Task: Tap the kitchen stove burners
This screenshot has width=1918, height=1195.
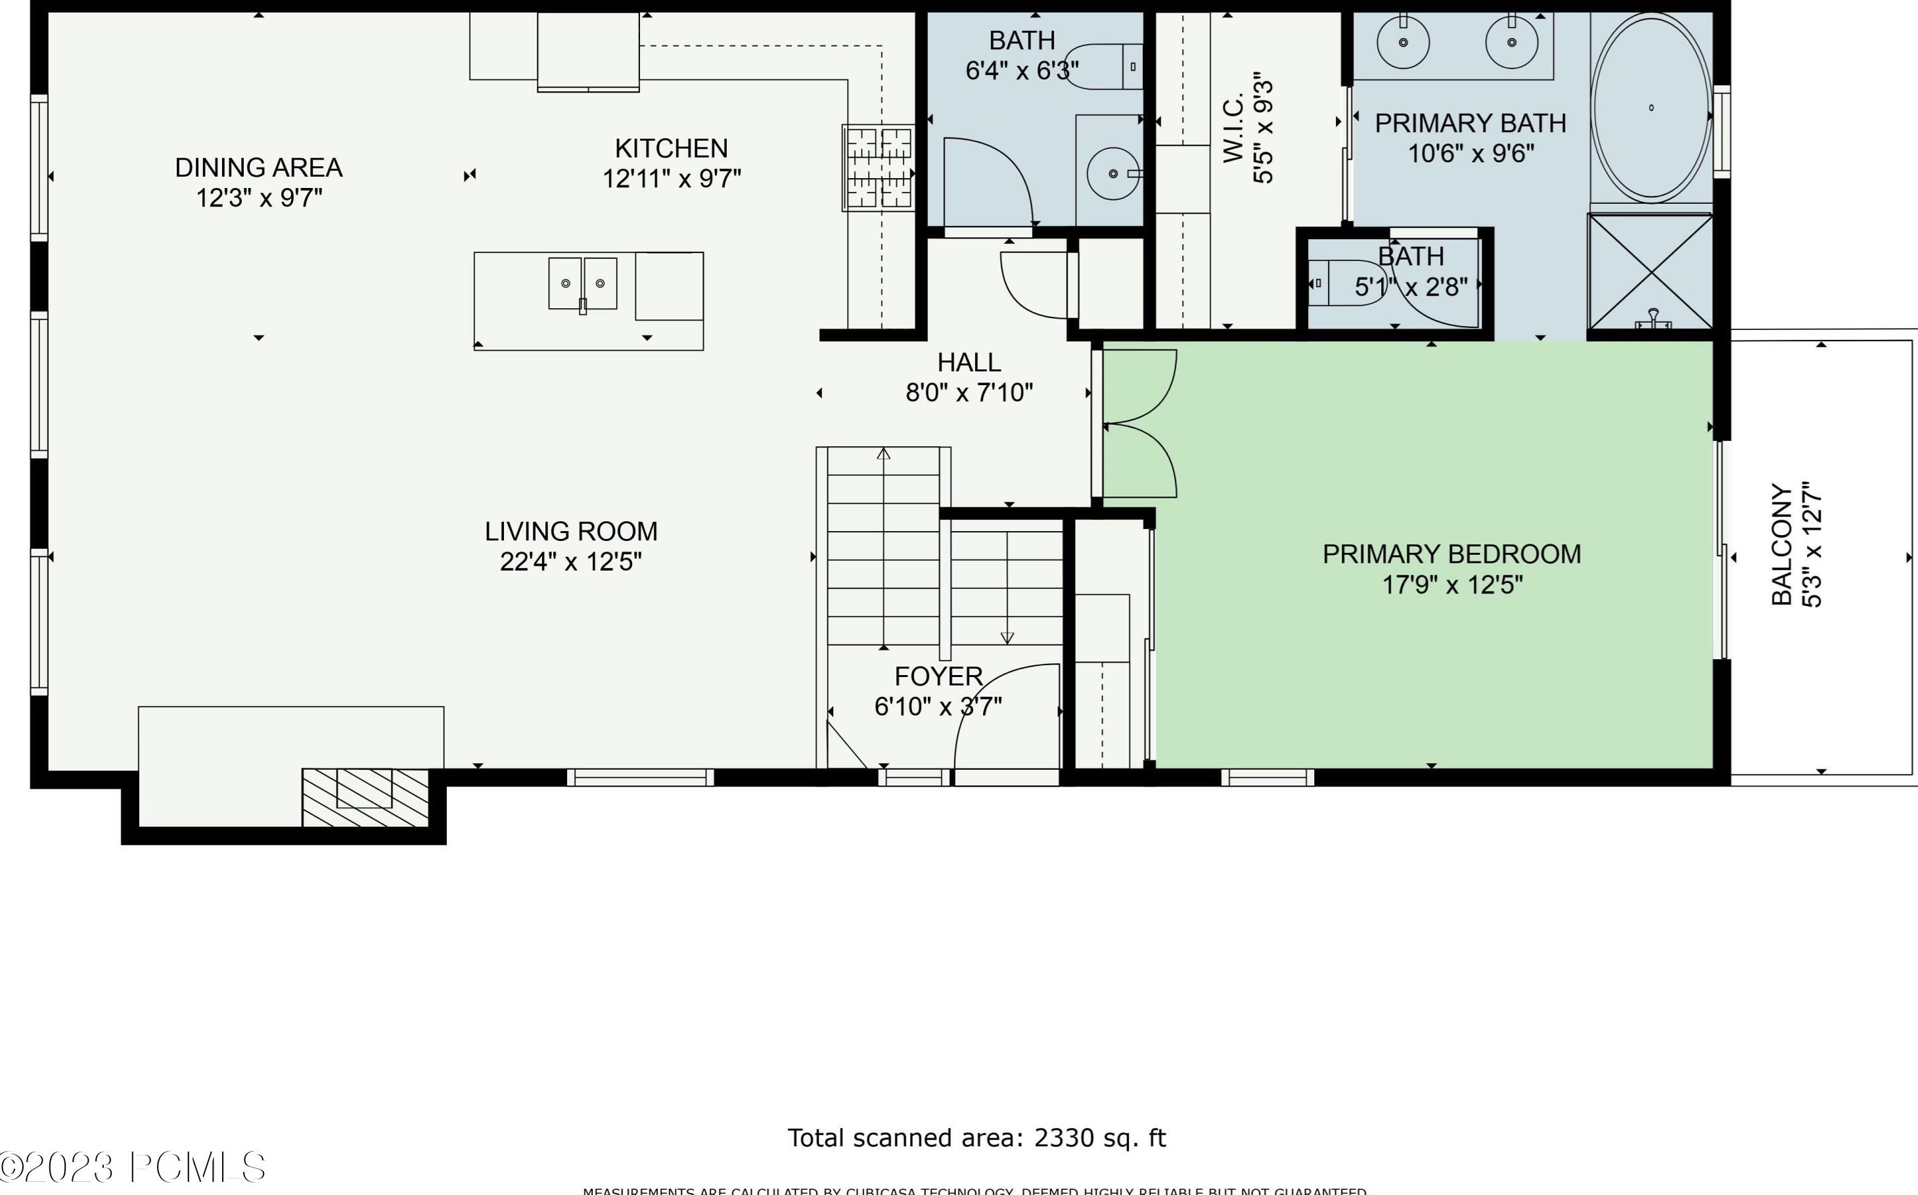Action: [879, 168]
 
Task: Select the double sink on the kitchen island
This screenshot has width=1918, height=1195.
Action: [583, 283]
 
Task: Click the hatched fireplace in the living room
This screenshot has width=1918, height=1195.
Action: [365, 797]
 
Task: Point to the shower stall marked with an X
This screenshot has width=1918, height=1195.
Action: [1650, 270]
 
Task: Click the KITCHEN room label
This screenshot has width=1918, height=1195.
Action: [671, 149]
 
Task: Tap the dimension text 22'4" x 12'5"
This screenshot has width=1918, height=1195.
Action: [570, 562]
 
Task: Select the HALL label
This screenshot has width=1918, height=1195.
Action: [969, 362]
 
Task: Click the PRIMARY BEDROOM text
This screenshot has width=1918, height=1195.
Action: [1451, 554]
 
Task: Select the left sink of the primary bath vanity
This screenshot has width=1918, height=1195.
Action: [1403, 42]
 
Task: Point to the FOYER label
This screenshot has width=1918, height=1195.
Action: [938, 676]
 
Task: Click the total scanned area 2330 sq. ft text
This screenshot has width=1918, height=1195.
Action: [976, 1138]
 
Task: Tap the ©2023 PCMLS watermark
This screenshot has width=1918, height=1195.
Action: [133, 1167]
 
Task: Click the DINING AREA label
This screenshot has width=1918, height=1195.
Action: [258, 168]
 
